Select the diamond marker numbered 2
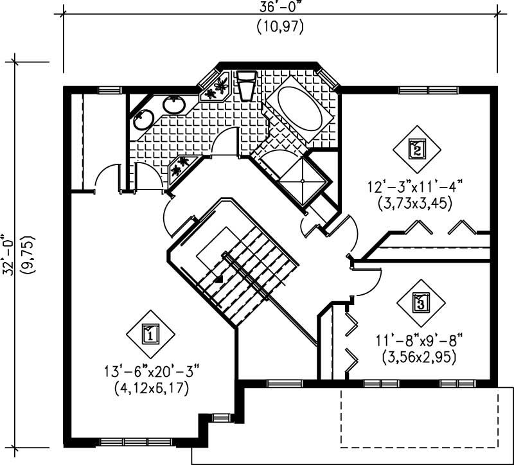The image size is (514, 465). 416,150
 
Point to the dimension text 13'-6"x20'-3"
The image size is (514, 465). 152,371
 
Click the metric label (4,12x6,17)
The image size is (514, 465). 152,389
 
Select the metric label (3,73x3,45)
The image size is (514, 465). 416,204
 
